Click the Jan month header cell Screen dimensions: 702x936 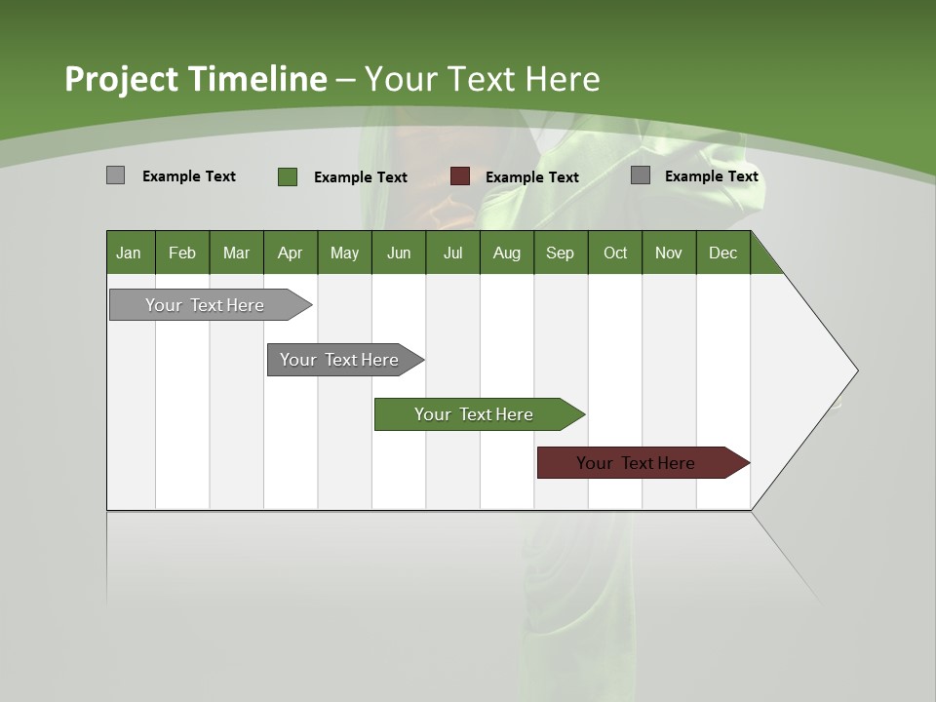[x=130, y=253]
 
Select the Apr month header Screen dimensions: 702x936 [x=291, y=253]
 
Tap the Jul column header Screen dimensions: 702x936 [x=452, y=253]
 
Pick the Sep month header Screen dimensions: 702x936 [x=560, y=253]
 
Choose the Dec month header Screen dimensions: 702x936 [x=722, y=253]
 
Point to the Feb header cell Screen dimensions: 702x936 [x=182, y=253]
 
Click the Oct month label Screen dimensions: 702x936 [x=615, y=253]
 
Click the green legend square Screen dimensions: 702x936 [x=288, y=176]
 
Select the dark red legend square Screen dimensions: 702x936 [x=460, y=176]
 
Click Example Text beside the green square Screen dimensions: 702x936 [x=361, y=177]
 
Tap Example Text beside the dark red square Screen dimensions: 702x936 [x=532, y=177]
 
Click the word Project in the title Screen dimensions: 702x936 [x=120, y=79]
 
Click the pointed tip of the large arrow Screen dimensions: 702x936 [x=855, y=370]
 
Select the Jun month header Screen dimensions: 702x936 [x=399, y=253]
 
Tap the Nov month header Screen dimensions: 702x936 [x=669, y=253]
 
